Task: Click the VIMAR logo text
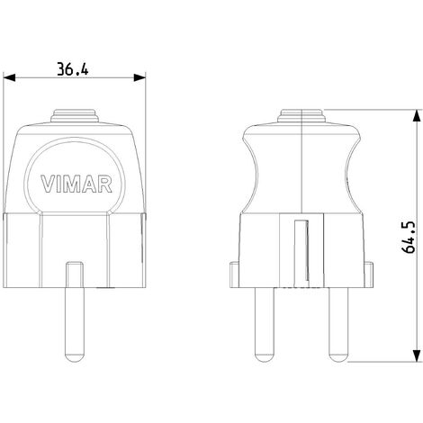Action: [76, 186]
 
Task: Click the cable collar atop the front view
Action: [76, 116]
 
